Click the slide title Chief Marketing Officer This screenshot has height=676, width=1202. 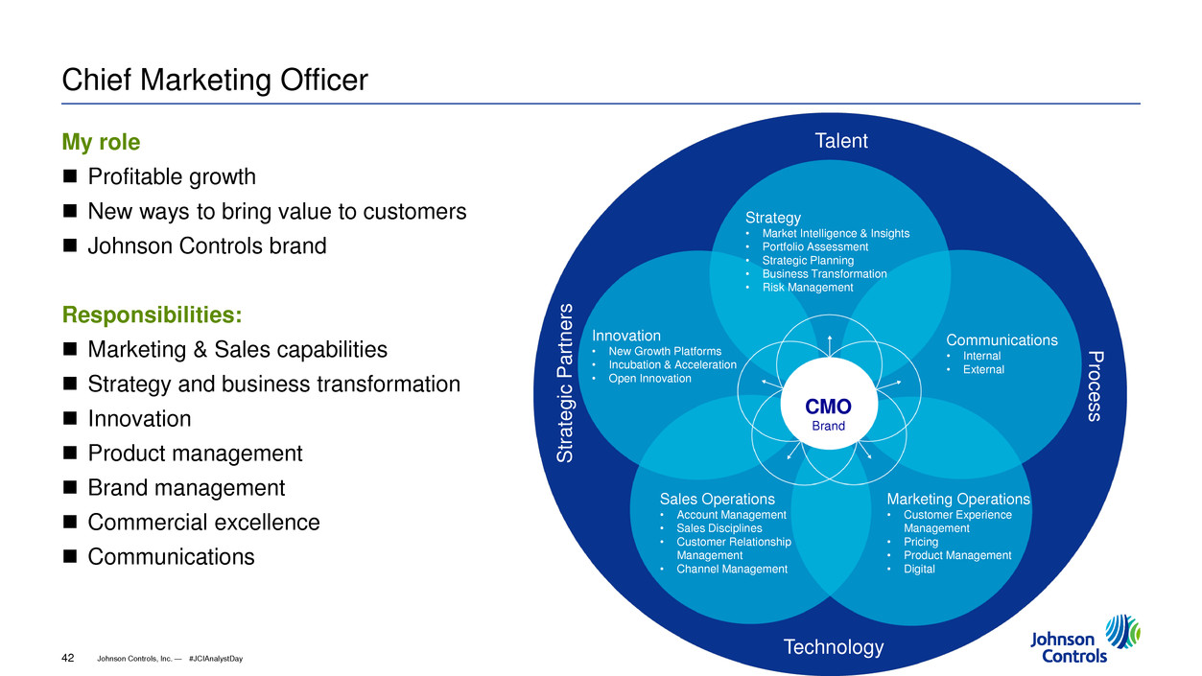pos(215,80)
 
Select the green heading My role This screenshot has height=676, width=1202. pos(101,143)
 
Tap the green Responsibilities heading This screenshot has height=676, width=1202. pos(152,315)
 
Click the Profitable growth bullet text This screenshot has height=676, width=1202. pos(172,177)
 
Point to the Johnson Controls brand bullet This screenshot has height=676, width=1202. pos(207,245)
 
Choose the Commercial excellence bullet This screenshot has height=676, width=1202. pos(203,523)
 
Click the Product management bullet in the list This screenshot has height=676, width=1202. pos(195,454)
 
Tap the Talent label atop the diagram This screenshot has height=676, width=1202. pos(840,141)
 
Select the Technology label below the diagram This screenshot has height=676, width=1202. pos(833,647)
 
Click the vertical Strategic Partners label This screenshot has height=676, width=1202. pos(567,384)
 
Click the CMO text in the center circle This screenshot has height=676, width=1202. pos(828,406)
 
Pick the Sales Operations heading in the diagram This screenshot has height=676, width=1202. pos(717,500)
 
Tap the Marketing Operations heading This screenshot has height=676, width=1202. pos(957,500)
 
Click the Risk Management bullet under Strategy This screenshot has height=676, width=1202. pos(807,288)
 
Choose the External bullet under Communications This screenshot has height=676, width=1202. pos(983,370)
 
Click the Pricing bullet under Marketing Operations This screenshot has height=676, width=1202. pos(921,542)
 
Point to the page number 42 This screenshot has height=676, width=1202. pos(68,657)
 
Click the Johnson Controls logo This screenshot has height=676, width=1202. pos(1084,638)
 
